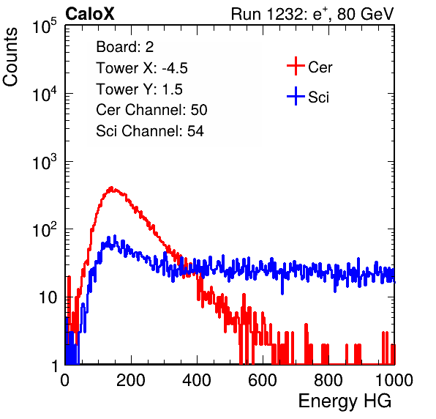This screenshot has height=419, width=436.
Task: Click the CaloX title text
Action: click(x=90, y=14)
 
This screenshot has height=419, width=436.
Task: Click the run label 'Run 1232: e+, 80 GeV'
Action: click(x=312, y=14)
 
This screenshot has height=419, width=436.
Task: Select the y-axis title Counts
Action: click(x=10, y=57)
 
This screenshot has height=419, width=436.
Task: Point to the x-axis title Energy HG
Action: click(x=345, y=401)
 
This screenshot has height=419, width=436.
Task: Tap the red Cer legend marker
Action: click(x=296, y=66)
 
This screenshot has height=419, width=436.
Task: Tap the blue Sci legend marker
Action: click(x=296, y=97)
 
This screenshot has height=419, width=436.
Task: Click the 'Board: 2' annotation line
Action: click(x=125, y=47)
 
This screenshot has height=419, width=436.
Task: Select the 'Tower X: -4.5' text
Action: click(x=142, y=68)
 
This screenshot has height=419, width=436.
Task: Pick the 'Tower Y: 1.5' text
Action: click(x=139, y=89)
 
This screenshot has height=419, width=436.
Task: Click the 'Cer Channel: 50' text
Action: click(x=151, y=110)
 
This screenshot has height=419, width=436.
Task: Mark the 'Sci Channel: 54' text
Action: click(x=150, y=131)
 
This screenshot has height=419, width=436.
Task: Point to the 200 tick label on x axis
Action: click(x=131, y=380)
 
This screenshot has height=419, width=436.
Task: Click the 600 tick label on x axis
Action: click(x=263, y=380)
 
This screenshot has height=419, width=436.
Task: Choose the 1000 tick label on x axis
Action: click(x=394, y=380)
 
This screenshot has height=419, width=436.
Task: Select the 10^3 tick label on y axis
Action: click(x=45, y=162)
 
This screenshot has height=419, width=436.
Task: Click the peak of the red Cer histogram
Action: click(x=111, y=188)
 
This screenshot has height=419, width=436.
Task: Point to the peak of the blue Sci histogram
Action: click(x=115, y=236)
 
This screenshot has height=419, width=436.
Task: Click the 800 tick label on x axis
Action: click(x=328, y=380)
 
